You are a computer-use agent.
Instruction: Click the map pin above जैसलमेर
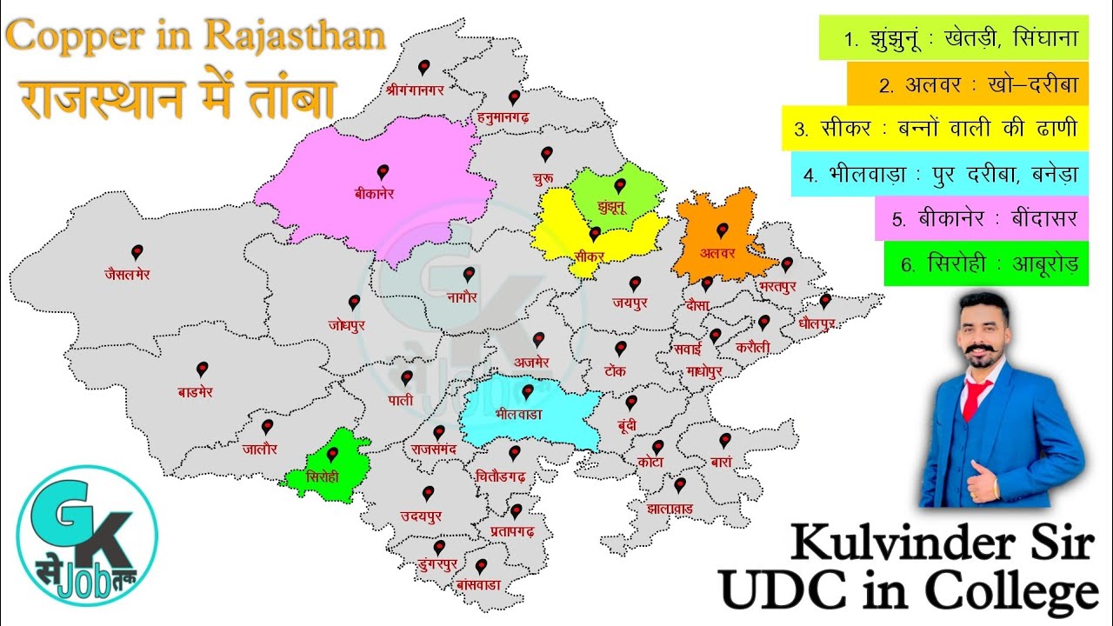click(x=137, y=252)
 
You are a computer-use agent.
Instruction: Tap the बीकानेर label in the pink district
click(x=374, y=194)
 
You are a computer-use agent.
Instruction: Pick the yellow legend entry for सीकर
click(x=935, y=129)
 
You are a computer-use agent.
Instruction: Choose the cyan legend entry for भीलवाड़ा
click(x=939, y=174)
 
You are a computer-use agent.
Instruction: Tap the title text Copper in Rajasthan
click(x=196, y=36)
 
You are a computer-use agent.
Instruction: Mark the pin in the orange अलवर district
click(x=721, y=230)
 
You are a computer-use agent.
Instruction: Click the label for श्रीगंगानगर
click(x=421, y=88)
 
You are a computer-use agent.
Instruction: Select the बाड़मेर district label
click(x=195, y=392)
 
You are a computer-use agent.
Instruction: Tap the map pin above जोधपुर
click(x=354, y=303)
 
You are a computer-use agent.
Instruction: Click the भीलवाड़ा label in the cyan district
click(x=518, y=414)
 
